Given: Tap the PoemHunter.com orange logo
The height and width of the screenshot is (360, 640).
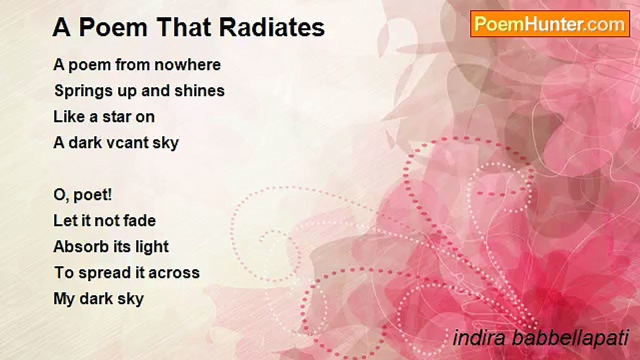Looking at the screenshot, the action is point(550,24).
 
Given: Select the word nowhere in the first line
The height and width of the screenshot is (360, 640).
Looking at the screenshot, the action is point(187,65).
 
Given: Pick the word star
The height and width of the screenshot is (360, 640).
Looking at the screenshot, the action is point(116,117).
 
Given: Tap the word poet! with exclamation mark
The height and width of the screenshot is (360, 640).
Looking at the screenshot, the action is point(92,195).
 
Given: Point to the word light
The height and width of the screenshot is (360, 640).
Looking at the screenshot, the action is point(152,247).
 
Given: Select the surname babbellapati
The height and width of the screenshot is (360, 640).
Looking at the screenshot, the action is point(570,338).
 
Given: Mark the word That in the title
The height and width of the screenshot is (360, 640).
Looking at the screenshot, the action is point(183,27).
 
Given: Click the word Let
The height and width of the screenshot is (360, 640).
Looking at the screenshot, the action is point(63,221).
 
